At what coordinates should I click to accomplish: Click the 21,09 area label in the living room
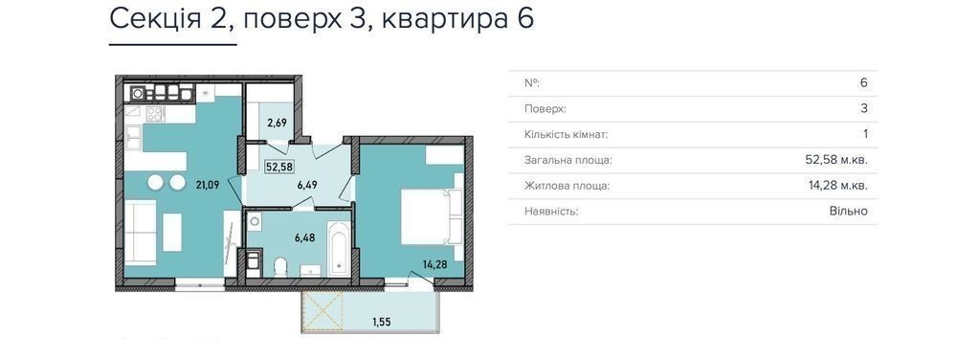pyautogui.click(x=207, y=184)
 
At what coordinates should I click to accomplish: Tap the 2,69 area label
pyautogui.click(x=278, y=122)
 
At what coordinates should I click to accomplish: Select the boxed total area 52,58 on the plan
pyautogui.click(x=278, y=166)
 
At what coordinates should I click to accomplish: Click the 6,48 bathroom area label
pyautogui.click(x=304, y=238)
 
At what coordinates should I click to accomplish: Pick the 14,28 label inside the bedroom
pyautogui.click(x=435, y=264)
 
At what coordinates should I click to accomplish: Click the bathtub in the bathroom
pyautogui.click(x=338, y=249)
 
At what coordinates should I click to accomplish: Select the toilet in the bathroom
pyautogui.click(x=280, y=266)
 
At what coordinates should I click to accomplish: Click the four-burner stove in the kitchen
pyautogui.click(x=154, y=114)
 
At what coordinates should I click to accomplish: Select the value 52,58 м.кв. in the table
pyautogui.click(x=836, y=160)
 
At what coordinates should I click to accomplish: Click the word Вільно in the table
pyautogui.click(x=848, y=212)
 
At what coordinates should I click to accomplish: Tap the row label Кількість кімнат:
pyautogui.click(x=566, y=134)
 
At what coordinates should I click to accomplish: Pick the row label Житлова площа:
pyautogui.click(x=567, y=186)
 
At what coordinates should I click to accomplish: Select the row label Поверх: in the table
pyautogui.click(x=545, y=109)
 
